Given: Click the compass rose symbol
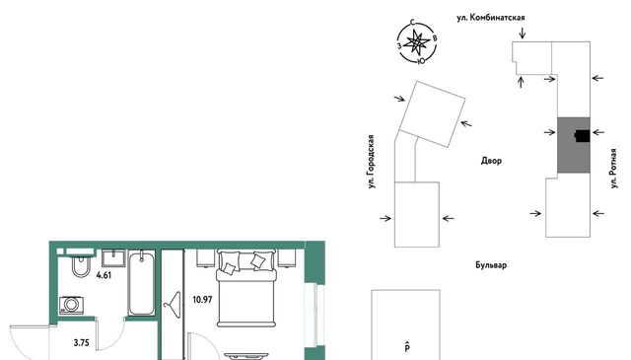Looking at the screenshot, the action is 417,41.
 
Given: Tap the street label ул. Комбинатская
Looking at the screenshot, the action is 491,18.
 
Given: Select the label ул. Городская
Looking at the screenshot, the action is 372,162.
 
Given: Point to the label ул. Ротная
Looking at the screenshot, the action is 613,169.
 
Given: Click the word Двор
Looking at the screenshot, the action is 491,161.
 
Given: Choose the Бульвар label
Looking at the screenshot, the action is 491,265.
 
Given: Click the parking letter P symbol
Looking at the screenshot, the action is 407,346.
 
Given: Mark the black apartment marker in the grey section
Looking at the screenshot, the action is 583,136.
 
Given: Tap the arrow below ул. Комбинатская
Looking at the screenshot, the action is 523,33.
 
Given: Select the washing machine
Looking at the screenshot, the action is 71,305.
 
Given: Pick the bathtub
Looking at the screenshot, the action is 141,283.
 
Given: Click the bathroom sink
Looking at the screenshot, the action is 113,258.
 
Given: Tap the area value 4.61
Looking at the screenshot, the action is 104,275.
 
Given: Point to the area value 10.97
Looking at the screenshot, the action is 202,300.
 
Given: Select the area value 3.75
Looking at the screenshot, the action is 81,343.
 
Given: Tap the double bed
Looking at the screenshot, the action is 246,288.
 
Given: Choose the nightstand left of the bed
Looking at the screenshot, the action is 206,258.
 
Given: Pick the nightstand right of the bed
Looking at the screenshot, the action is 287,258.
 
